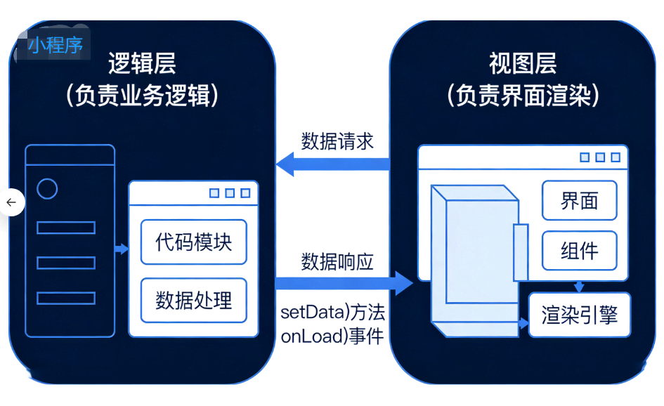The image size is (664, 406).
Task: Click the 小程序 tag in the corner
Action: click(56, 46)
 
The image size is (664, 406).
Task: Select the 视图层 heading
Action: click(523, 64)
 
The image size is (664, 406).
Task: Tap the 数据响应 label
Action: click(337, 262)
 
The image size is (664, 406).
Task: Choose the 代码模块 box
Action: click(194, 242)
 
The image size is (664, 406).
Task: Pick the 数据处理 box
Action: click(194, 300)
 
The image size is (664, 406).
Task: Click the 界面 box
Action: click(579, 201)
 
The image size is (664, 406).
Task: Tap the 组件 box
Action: click(579, 251)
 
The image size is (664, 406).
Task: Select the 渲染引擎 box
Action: click(579, 315)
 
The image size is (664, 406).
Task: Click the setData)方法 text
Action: click(332, 312)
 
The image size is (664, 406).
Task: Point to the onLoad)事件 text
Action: click(332, 336)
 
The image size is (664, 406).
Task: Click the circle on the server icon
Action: click(47, 188)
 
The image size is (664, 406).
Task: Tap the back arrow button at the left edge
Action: click(11, 202)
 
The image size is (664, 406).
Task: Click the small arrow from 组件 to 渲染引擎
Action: click(579, 286)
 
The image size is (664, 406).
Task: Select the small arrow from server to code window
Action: click(122, 249)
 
